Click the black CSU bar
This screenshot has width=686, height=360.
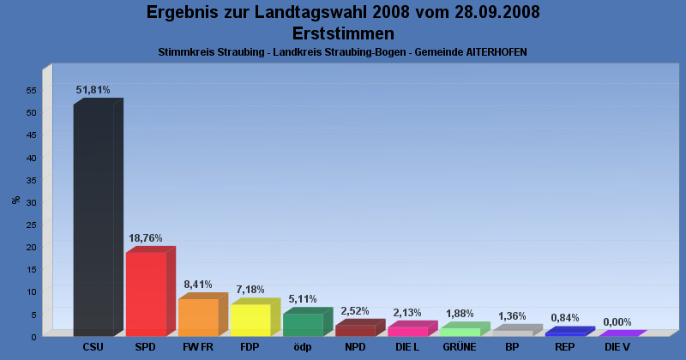(93, 219)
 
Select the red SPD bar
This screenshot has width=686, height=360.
(146, 293)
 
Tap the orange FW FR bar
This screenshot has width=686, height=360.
(198, 317)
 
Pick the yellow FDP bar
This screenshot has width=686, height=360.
(250, 320)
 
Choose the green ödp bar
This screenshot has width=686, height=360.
(303, 324)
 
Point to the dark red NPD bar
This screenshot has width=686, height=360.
(355, 330)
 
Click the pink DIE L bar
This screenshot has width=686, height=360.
(407, 331)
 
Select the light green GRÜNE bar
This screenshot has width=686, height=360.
(460, 332)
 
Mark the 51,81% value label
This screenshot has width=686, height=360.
(93, 89)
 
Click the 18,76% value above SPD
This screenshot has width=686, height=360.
(145, 237)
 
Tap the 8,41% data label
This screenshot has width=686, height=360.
(197, 284)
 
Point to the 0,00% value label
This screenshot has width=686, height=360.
(617, 322)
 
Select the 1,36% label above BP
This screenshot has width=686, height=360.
(512, 316)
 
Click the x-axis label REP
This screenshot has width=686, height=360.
(564, 347)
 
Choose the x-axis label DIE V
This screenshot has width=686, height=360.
(617, 347)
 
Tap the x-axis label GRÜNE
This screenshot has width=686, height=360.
(460, 347)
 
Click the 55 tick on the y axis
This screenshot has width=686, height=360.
(31, 90)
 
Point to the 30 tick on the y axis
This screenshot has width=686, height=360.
(31, 202)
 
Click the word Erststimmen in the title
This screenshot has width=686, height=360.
(343, 33)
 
